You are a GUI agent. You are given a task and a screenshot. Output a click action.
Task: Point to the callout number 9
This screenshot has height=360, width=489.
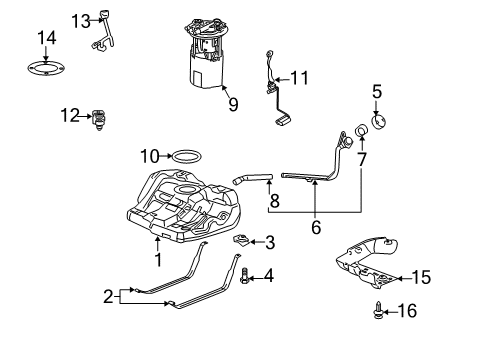(x=232, y=103)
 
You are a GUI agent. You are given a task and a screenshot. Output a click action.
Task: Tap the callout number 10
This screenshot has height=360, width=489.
(x=149, y=156)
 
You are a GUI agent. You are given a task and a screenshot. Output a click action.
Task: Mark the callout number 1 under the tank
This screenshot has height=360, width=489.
(x=156, y=259)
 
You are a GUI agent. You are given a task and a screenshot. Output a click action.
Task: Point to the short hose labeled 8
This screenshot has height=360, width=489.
(x=254, y=180)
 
